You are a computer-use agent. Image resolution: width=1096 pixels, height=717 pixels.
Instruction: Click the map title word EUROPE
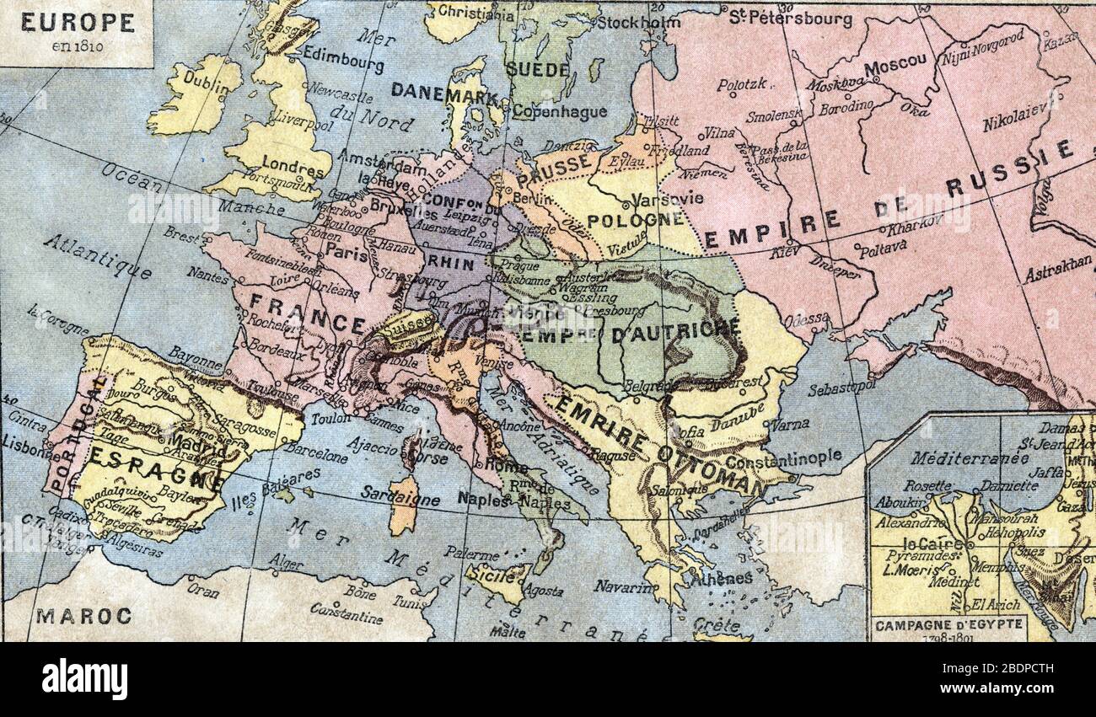pyautogui.click(x=77, y=23)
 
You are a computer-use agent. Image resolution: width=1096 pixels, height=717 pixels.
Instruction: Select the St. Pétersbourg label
pyautogui.click(x=790, y=18)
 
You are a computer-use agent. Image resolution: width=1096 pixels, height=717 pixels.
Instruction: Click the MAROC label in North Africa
pyautogui.click(x=83, y=616)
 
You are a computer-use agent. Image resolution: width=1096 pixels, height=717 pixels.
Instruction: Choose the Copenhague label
pyautogui.click(x=559, y=111)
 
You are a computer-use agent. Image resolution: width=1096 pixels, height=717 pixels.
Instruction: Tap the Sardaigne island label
pyautogui.click(x=400, y=496)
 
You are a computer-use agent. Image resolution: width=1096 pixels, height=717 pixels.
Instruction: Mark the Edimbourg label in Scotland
pyautogui.click(x=342, y=57)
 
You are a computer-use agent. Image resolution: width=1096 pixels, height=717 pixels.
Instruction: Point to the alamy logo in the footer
pyautogui.click(x=84, y=679)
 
